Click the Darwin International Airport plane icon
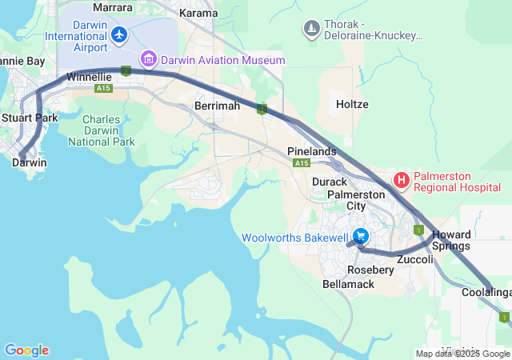(119, 34)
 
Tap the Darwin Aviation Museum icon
(147, 59)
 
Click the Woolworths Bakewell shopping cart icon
(361, 237)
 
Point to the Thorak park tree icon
(311, 30)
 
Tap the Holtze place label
(352, 105)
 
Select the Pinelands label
(312, 151)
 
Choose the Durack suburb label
(329, 182)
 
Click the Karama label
(198, 14)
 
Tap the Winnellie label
(89, 78)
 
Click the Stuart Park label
(29, 118)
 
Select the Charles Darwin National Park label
(102, 130)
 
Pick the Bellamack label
(348, 284)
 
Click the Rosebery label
(370, 270)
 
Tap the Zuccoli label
(415, 260)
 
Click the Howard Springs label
(451, 240)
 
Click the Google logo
(26, 350)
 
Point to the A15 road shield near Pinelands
(302, 163)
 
